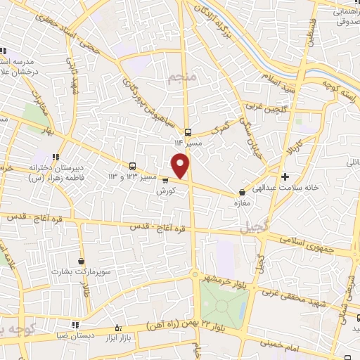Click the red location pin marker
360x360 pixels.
181,166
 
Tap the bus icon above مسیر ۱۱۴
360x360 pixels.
188,132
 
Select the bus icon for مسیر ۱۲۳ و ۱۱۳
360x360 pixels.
133,166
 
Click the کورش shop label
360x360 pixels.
165,191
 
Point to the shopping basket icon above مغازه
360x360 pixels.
243,191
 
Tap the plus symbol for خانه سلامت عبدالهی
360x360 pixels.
285,176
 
